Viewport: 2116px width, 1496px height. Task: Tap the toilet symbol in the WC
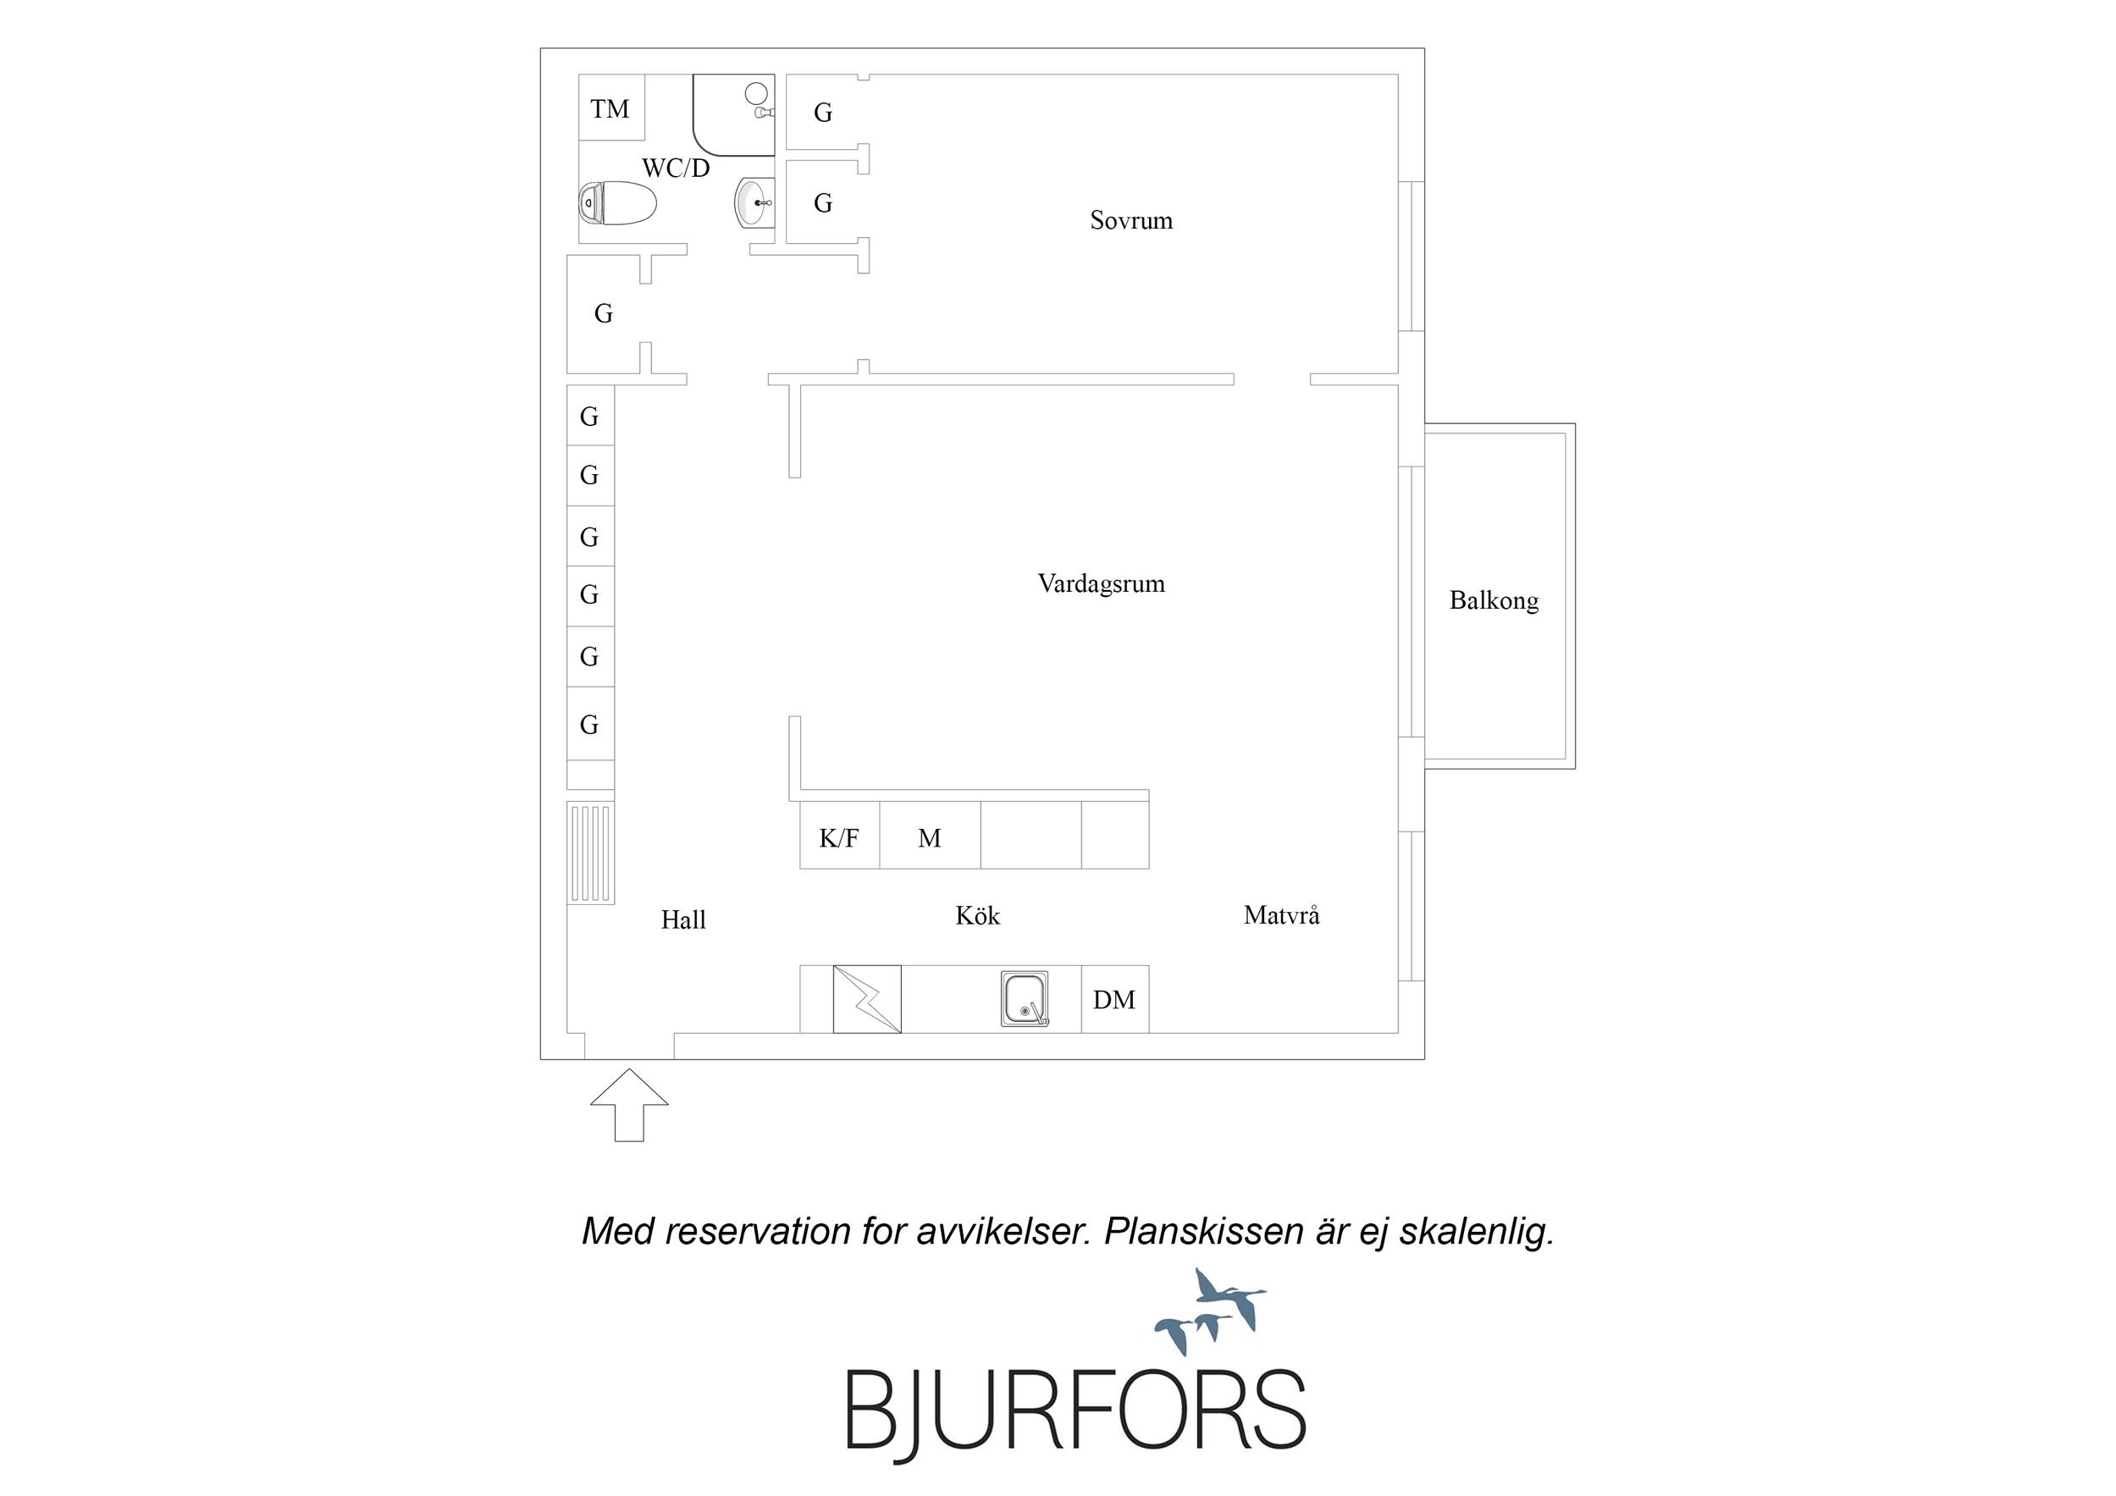coord(616,203)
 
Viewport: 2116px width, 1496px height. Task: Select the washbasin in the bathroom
coord(754,201)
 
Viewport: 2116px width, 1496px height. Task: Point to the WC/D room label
coord(676,168)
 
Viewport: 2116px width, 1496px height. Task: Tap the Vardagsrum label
coord(1101,583)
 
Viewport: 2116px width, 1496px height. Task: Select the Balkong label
coord(1493,601)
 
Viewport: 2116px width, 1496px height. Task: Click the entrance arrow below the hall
coord(628,1104)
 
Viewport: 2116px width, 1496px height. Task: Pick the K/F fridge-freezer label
coord(837,838)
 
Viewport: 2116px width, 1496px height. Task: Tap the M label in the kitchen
coord(929,838)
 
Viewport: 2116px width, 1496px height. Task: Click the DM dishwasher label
coord(1113,1000)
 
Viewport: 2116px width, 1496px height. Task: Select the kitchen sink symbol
coord(1024,998)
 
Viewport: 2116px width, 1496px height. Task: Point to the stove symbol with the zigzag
coord(867,999)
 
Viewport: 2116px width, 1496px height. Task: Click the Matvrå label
coord(1281,914)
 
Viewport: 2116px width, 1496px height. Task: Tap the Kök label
coord(977,915)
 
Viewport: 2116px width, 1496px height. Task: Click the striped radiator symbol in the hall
coord(590,853)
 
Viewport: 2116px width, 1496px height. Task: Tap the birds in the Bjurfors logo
coord(1210,1311)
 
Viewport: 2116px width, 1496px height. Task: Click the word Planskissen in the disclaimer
coord(1203,1233)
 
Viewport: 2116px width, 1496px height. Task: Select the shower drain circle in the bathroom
coord(755,93)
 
